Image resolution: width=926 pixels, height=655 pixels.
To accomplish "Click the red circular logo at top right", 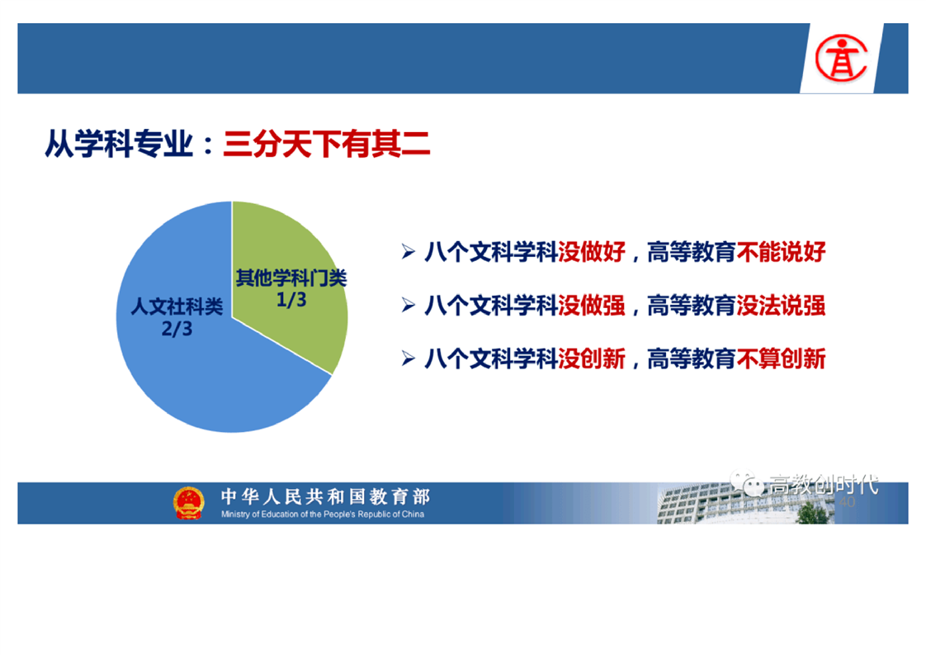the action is coord(842,58).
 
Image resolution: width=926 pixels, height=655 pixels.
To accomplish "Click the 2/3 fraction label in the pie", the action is coord(177,329).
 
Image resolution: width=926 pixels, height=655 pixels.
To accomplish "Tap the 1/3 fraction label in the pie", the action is coord(291,300).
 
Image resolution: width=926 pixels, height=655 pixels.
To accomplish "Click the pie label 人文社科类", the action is coord(177,306).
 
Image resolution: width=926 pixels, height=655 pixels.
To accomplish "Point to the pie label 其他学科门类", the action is coord(291,278).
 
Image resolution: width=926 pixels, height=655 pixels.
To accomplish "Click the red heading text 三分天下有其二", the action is coord(327,144).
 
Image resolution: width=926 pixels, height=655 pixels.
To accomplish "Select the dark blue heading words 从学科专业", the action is coord(120,144).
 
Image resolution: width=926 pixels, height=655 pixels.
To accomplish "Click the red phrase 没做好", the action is coord(592,252).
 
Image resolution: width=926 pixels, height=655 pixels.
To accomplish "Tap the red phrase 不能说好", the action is coord(781,252).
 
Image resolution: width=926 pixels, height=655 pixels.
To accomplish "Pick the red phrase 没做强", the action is coord(592,306).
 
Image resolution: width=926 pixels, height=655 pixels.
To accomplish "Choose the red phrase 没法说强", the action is coord(781,306).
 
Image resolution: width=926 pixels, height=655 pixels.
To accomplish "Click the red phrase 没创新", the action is coord(592,358).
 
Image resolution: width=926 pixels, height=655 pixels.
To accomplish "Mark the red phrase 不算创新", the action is coord(781,358).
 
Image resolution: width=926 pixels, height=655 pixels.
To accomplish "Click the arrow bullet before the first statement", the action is coord(408,252).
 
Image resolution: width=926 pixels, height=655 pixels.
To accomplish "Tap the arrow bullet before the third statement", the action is coord(408,358).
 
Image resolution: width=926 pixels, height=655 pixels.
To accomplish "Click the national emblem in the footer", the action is coord(188,503).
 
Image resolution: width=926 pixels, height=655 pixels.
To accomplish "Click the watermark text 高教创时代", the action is coord(823,485).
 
